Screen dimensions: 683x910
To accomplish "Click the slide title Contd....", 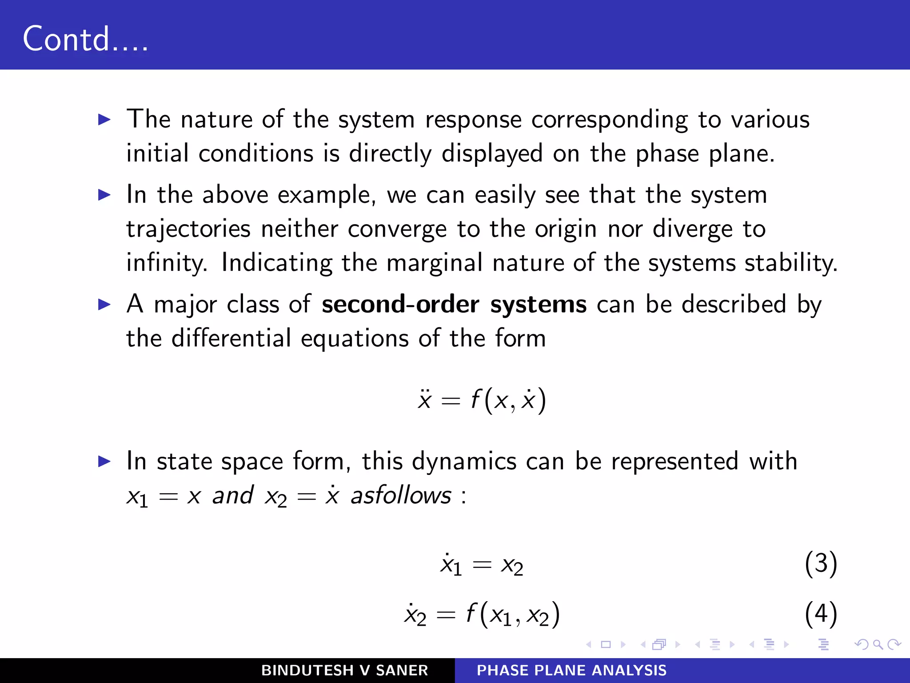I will click(x=85, y=39).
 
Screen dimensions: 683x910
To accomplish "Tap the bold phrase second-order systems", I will click(x=454, y=305).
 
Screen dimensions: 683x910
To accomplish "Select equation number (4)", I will click(x=821, y=614).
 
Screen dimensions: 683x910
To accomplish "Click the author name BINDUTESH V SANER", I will click(x=344, y=670).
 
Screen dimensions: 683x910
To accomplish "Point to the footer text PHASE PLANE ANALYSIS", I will click(x=571, y=670).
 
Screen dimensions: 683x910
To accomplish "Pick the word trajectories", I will click(x=188, y=229).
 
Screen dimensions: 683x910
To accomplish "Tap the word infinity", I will click(x=167, y=263).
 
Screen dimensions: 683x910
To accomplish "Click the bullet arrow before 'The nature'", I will click(x=104, y=119).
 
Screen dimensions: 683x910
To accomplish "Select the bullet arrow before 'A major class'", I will click(x=104, y=305).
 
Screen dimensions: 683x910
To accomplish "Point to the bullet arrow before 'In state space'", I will click(x=104, y=462).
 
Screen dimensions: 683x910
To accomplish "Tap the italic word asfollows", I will click(x=401, y=495).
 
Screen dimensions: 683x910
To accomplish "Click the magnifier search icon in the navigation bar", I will click(x=878, y=644).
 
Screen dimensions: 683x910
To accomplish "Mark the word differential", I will click(x=231, y=338).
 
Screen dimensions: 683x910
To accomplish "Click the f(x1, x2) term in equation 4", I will click(x=513, y=615).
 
